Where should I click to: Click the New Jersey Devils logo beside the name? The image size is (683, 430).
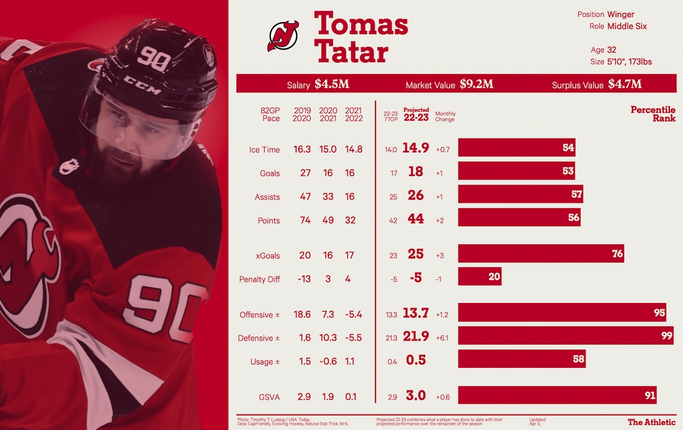[x=283, y=36]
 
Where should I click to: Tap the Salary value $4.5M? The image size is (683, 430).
[x=332, y=84]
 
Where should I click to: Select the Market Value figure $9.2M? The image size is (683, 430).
[x=476, y=84]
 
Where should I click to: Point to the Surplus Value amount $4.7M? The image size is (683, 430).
[x=624, y=84]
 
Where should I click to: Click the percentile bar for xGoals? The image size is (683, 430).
[x=541, y=254]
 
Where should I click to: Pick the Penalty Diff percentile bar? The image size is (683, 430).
[x=479, y=277]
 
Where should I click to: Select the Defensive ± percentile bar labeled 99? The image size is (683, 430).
[x=566, y=335]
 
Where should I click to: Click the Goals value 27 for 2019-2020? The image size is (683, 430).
[x=305, y=173]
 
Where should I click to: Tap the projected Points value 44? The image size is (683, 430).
[x=415, y=219]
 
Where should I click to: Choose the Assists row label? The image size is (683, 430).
[x=268, y=197]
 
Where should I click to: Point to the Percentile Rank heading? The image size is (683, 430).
[x=653, y=114]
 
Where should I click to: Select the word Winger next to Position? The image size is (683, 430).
[x=620, y=15]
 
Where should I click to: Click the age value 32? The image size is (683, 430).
[x=611, y=50]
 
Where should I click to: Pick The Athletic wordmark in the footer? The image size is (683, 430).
[x=651, y=422]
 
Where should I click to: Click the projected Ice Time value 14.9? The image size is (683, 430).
[x=415, y=148]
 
